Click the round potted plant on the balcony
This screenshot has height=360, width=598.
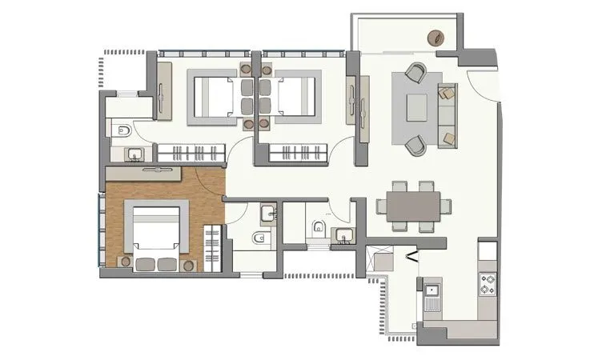pos(437,38)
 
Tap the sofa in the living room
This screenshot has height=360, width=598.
pos(447,115)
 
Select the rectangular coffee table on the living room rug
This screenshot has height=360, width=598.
pos(417,107)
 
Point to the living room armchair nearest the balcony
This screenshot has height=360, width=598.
pos(415,73)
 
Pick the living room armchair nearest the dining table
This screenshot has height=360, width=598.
pos(415,145)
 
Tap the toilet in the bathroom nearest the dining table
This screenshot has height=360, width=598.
pos(319,226)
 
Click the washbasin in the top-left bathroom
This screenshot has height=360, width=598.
pos(134,153)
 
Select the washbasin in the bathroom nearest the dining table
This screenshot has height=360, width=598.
pos(345,234)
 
